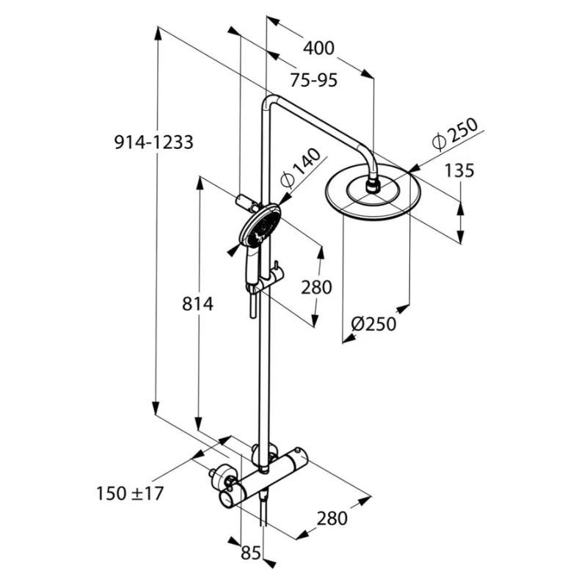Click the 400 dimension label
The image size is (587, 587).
click(318, 48)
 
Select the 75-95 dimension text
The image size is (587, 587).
click(313, 80)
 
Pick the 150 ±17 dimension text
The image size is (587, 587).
click(129, 493)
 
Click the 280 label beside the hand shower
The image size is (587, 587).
click(316, 287)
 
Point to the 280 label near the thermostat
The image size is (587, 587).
click(332, 518)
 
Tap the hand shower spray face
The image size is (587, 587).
click(263, 227)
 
